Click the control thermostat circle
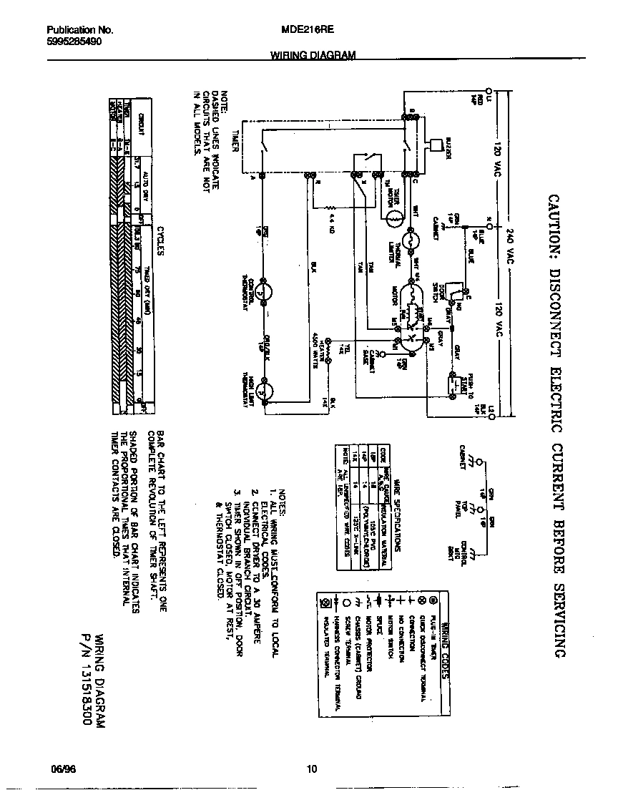(x=264, y=292)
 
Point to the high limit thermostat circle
(x=264, y=391)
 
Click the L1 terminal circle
(x=489, y=91)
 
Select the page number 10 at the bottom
(x=311, y=769)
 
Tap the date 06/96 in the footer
(x=63, y=769)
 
